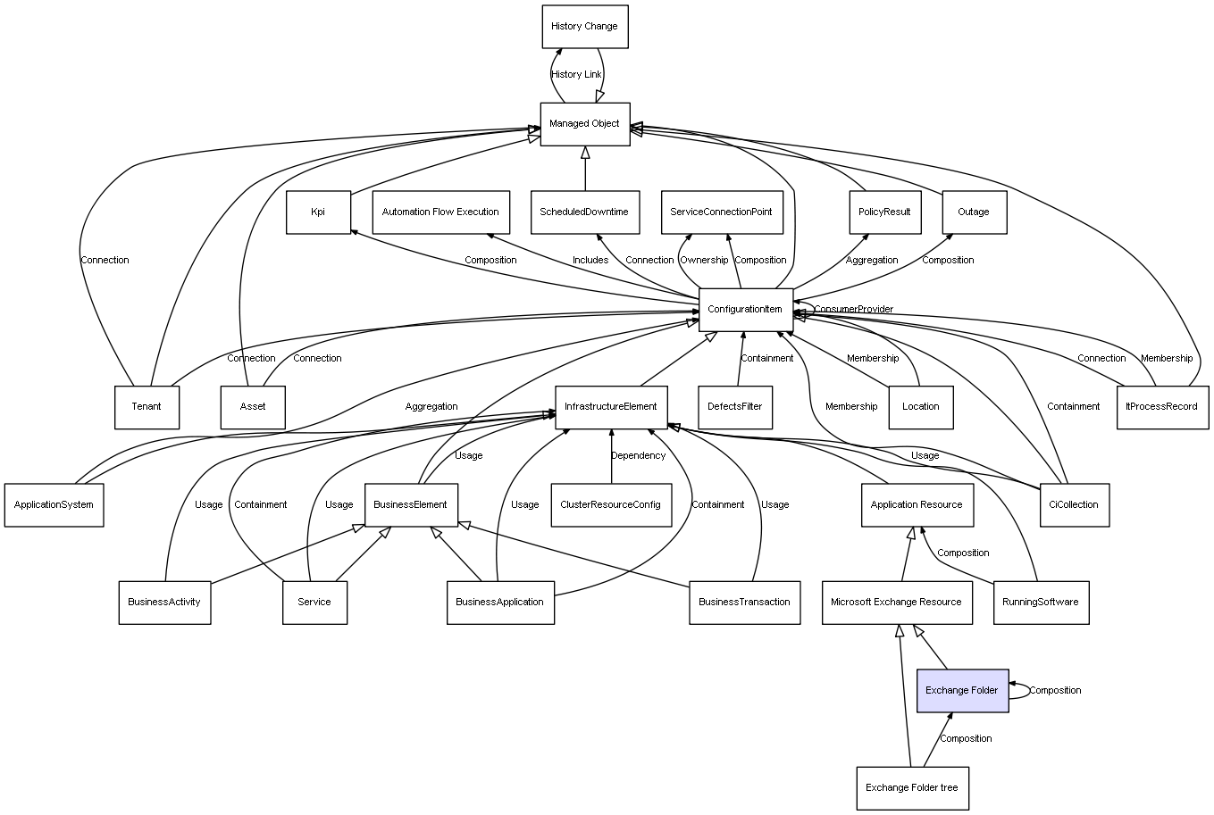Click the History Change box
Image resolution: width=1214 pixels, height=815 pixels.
click(585, 27)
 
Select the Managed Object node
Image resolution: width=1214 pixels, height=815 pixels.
click(585, 124)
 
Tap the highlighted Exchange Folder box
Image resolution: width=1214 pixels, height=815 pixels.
click(962, 690)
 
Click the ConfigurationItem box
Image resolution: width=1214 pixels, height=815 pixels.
click(745, 310)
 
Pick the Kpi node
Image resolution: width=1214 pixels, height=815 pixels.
click(318, 212)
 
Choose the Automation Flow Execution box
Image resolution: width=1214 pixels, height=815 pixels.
click(440, 212)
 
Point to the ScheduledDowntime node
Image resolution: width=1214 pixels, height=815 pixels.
click(584, 212)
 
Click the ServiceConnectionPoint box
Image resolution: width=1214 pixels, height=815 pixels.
click(722, 212)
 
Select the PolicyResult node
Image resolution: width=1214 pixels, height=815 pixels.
click(884, 212)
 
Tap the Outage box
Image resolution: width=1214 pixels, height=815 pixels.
click(974, 212)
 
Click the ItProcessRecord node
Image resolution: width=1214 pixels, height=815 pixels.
click(1162, 407)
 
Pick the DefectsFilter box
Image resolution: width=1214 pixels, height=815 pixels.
click(735, 407)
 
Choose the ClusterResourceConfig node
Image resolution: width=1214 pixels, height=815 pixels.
click(611, 504)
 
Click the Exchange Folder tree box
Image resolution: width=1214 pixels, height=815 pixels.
click(912, 788)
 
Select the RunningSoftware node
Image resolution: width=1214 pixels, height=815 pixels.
click(1041, 602)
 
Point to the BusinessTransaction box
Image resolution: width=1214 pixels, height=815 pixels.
click(744, 602)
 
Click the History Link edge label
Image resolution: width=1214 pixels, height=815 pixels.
click(576, 75)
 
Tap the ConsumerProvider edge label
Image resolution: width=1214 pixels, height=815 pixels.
click(853, 310)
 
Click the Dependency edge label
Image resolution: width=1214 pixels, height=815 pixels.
click(638, 456)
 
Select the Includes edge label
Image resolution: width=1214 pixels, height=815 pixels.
click(590, 261)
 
